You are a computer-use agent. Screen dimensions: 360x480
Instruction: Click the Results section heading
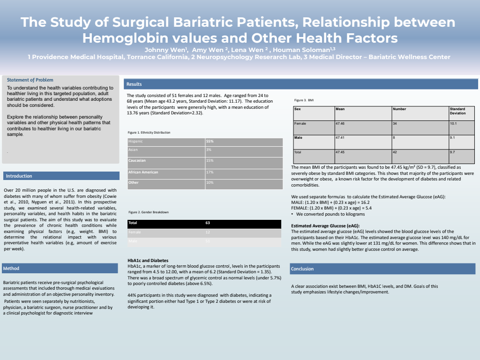click(134, 84)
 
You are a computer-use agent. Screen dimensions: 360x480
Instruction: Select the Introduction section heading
click(19, 176)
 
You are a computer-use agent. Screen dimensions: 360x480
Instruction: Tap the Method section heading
click(12, 268)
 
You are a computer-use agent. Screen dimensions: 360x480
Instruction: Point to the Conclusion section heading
click(302, 269)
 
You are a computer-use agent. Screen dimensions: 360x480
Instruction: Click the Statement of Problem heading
click(30, 80)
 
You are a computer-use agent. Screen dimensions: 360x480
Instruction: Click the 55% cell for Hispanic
click(210, 141)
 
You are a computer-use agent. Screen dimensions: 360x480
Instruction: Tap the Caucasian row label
click(137, 160)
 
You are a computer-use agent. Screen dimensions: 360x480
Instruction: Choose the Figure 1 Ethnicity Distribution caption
click(149, 133)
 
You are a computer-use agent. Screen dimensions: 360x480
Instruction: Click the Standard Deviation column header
click(457, 111)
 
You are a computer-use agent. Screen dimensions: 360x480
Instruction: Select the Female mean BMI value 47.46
click(340, 123)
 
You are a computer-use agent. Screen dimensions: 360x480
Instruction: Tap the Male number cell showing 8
click(394, 137)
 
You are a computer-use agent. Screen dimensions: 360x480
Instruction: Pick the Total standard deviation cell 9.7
click(453, 152)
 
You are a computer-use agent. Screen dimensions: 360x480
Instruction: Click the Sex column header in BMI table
click(298, 109)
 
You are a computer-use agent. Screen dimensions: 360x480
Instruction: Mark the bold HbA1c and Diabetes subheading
click(148, 260)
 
